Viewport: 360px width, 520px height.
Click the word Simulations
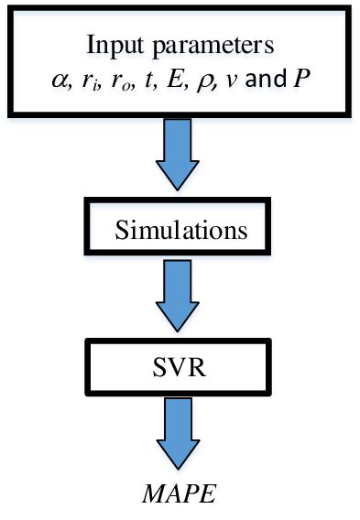click(x=180, y=228)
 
